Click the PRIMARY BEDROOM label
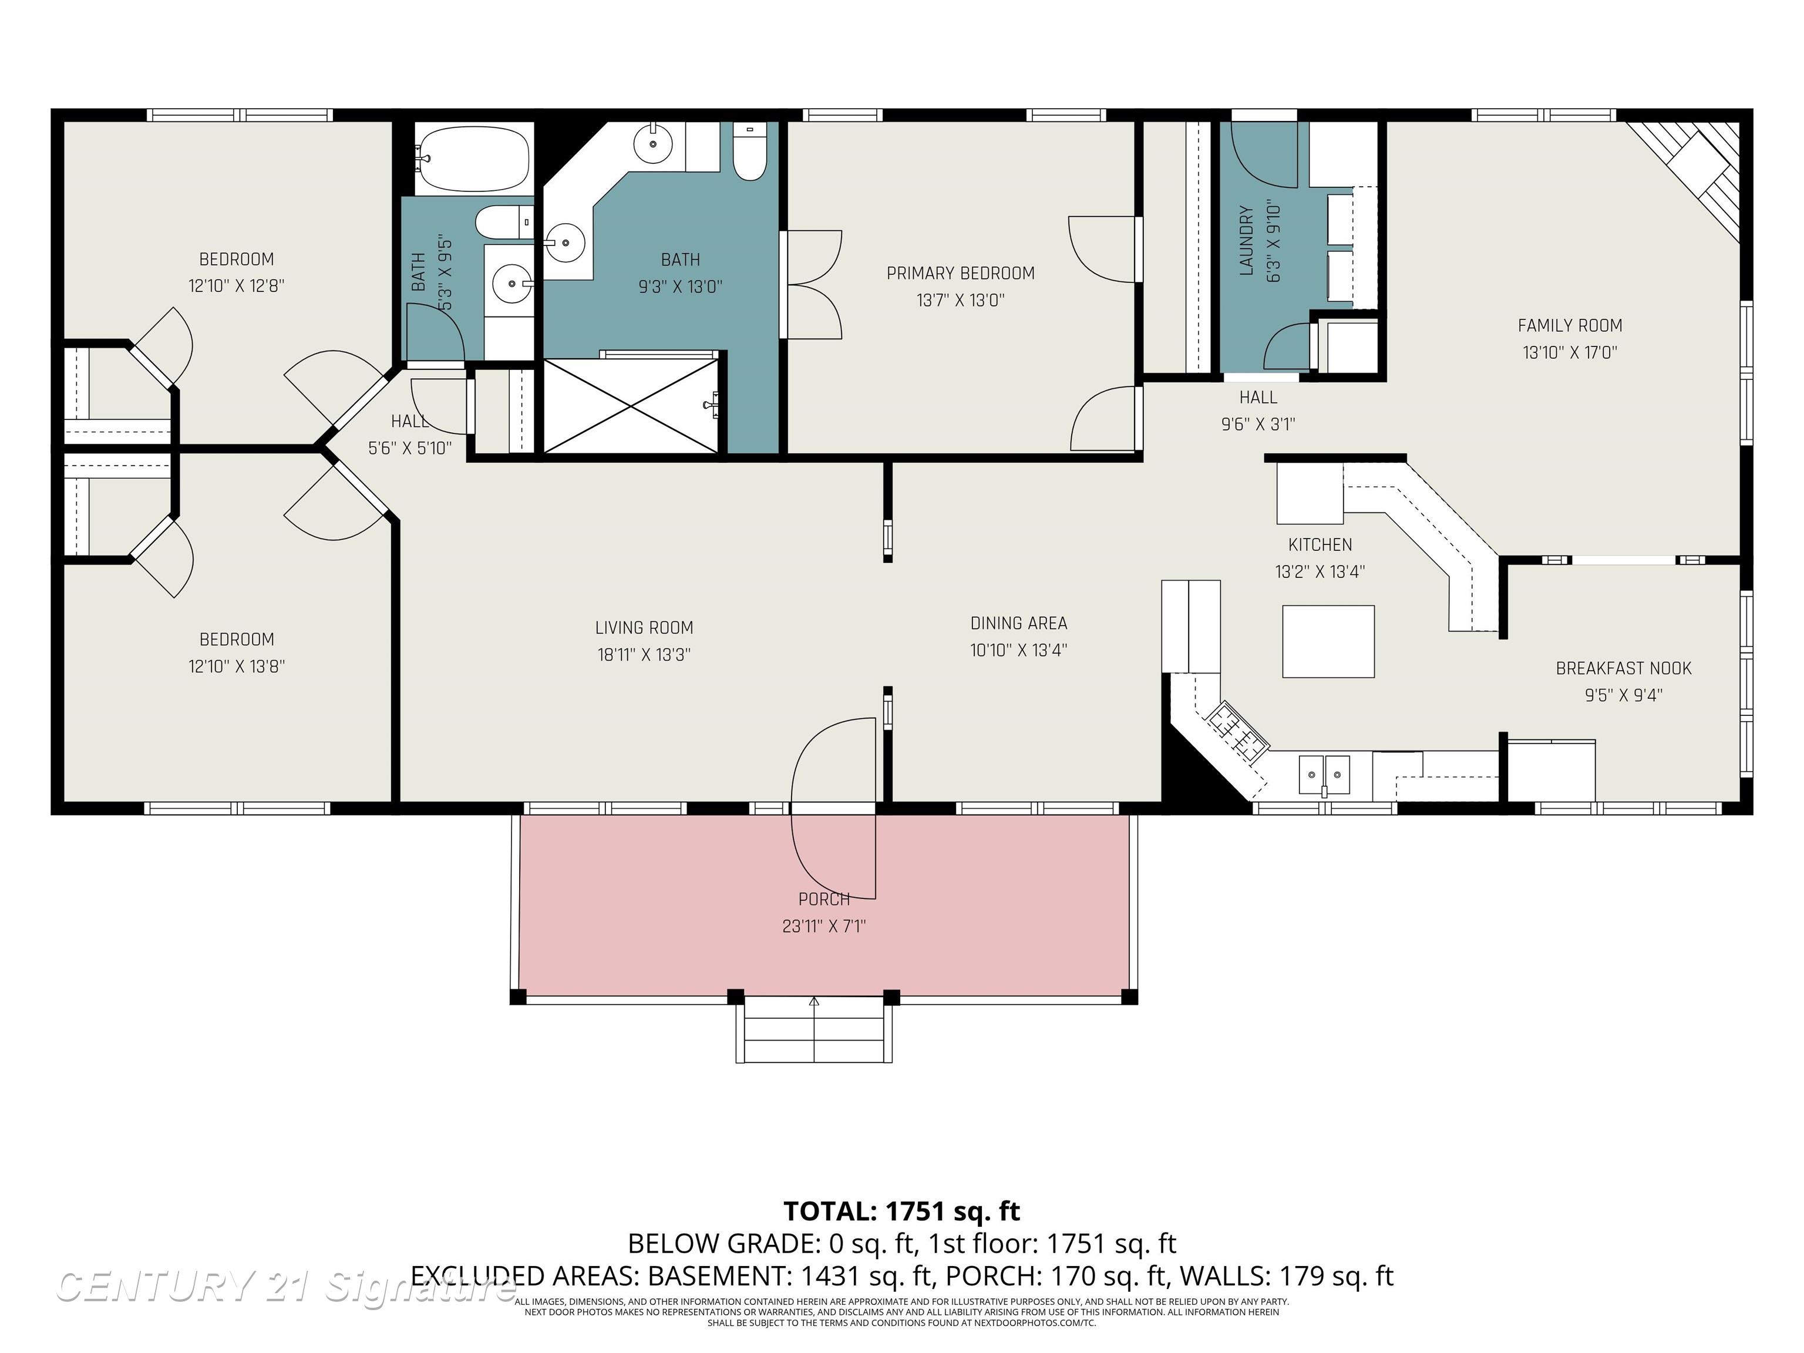click(x=960, y=273)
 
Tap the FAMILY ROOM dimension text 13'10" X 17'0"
click(x=1570, y=352)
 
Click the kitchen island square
click(x=1328, y=641)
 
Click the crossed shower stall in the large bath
click(x=631, y=405)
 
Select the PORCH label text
click(x=824, y=898)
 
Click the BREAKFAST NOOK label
click(x=1623, y=669)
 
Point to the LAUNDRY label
click(x=1246, y=241)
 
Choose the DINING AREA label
click(x=1019, y=623)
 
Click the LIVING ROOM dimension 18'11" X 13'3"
click(x=644, y=654)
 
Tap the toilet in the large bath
click(x=749, y=152)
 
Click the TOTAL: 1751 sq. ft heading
click(x=901, y=1211)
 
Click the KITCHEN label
click(x=1320, y=545)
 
